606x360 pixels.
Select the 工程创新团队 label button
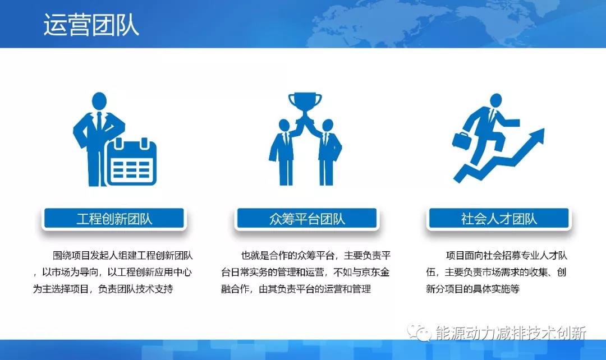(x=114, y=219)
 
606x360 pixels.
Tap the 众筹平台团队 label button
(x=307, y=219)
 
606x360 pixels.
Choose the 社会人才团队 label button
(x=499, y=219)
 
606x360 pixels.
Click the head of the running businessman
(x=495, y=101)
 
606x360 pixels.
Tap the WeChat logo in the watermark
(x=419, y=333)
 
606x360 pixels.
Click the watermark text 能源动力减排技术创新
(x=511, y=333)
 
